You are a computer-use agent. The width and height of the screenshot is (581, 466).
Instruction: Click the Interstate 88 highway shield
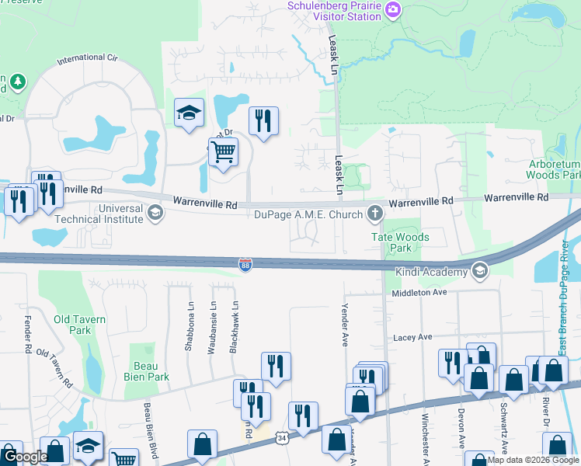pos(245,266)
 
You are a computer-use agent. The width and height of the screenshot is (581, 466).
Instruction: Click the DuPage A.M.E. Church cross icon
pos(376,213)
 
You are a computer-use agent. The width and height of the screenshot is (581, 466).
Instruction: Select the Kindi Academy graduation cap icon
pos(480,270)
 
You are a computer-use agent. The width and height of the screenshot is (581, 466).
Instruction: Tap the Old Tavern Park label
pos(79,325)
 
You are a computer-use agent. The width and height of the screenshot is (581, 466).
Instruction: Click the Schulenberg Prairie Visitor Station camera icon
pos(393,9)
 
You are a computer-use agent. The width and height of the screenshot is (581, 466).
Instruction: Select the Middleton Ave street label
pos(419,292)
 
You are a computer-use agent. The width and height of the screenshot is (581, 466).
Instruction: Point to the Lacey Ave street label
pos(412,337)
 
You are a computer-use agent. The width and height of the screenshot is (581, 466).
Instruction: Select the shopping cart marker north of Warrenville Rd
pos(223,152)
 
